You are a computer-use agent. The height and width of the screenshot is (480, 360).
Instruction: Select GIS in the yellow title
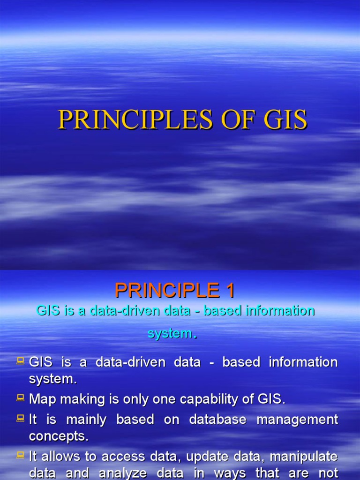(285, 120)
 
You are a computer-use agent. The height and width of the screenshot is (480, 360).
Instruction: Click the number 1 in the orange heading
(229, 291)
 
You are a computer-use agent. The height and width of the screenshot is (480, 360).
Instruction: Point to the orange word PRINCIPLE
(166, 291)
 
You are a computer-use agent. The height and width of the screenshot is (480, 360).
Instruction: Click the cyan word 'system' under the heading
(170, 333)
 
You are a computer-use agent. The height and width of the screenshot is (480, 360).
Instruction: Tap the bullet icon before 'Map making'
(21, 398)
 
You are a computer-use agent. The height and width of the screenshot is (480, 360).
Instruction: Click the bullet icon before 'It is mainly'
(21, 418)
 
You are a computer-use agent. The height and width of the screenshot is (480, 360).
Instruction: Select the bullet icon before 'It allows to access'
(21, 454)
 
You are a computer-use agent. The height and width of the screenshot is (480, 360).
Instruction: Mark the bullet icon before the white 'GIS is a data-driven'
(21, 361)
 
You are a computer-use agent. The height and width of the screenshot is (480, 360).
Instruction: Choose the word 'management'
(297, 419)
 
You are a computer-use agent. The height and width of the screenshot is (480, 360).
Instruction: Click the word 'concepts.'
(59, 436)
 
